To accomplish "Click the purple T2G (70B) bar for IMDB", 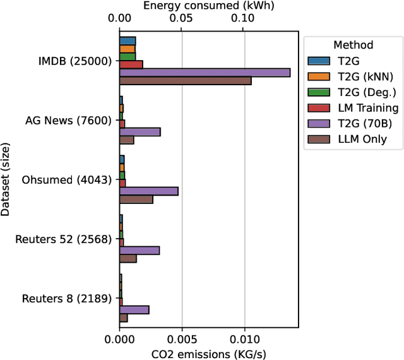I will coord(205,73).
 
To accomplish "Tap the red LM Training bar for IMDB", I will coord(131,64).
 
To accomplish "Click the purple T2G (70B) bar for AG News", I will coord(140,132).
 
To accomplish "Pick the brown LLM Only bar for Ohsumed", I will coord(136,200).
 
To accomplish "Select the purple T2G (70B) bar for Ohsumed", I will coord(148,191).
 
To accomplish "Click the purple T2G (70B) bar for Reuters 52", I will coord(139,250).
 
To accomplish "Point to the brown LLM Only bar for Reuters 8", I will coord(123,318).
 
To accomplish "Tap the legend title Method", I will coord(353,45).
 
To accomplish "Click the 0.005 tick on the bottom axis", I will coord(182,339).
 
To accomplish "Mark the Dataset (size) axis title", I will coord(6,179).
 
